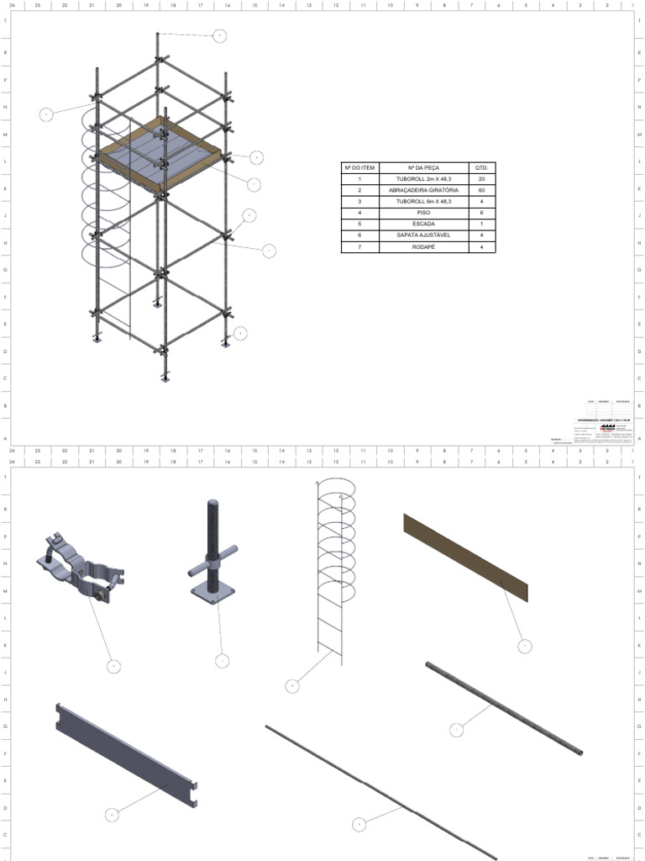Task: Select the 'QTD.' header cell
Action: click(481, 168)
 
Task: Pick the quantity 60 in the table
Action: click(481, 191)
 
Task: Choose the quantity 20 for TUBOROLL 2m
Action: click(481, 179)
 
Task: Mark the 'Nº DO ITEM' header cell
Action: click(360, 168)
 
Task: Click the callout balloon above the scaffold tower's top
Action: click(220, 35)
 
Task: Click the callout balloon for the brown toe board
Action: click(524, 646)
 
